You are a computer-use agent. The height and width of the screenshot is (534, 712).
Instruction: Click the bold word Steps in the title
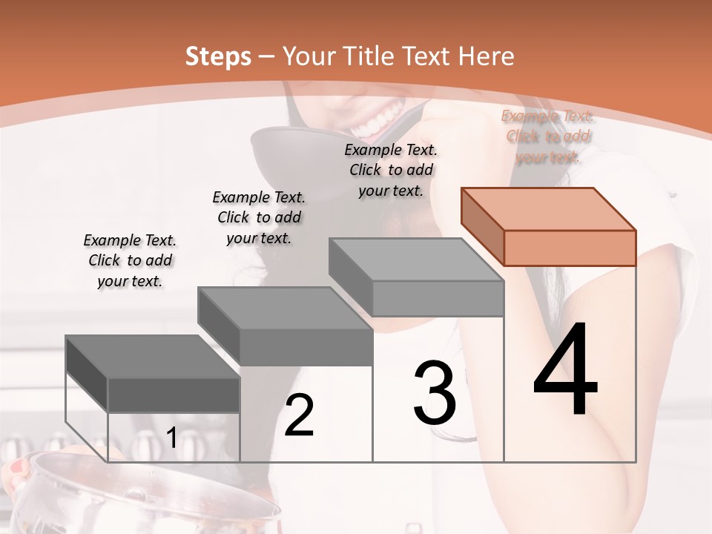pyautogui.click(x=218, y=56)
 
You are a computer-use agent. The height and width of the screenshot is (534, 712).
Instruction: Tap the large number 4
pyautogui.click(x=565, y=371)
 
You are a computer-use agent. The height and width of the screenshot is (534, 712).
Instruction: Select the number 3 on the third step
pyautogui.click(x=435, y=393)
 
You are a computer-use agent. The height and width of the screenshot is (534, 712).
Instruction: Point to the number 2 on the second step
pyautogui.click(x=299, y=415)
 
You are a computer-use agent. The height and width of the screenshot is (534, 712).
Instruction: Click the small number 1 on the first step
pyautogui.click(x=171, y=438)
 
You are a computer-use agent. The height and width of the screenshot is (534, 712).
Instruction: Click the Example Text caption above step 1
pyautogui.click(x=130, y=260)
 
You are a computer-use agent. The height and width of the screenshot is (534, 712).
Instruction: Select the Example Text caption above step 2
pyautogui.click(x=259, y=217)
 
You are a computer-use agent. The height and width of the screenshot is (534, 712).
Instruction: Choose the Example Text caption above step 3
pyautogui.click(x=391, y=170)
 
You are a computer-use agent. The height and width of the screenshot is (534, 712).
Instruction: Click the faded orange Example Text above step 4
pyautogui.click(x=548, y=136)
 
